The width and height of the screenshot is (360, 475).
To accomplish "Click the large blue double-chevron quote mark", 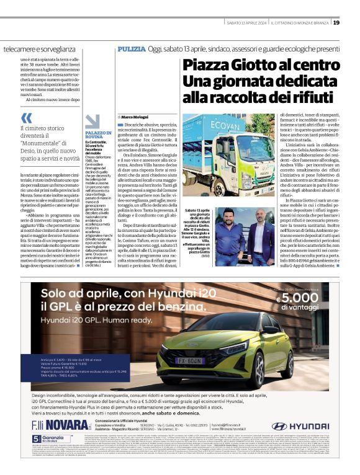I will click(26, 118).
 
